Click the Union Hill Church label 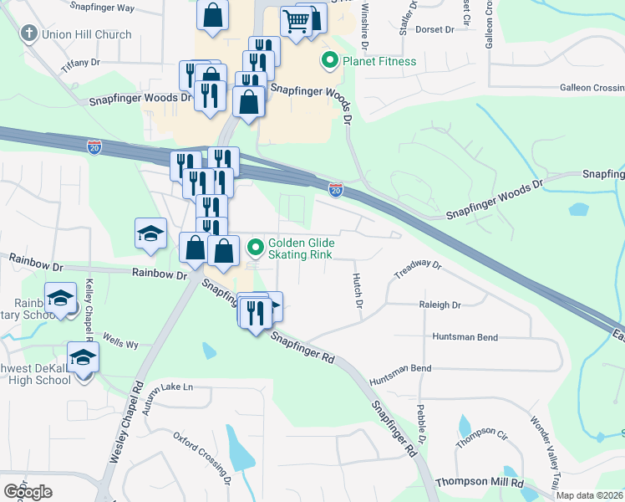point(85,34)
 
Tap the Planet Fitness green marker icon point(329,60)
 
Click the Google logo point(28,492)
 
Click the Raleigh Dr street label point(440,305)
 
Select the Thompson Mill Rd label point(480,484)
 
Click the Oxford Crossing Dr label point(202,457)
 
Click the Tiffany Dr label point(80,63)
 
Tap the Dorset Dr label point(434,29)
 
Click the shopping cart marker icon point(296,22)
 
